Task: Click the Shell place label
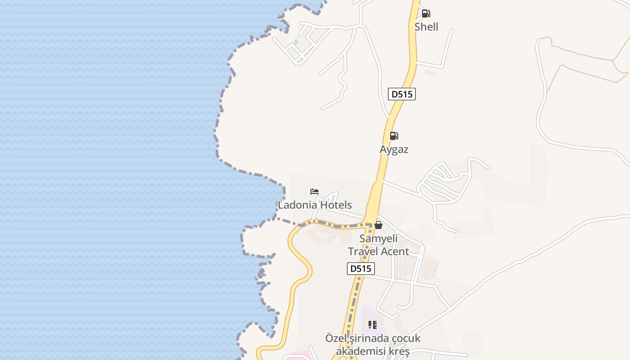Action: (x=426, y=27)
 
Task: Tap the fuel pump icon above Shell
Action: (x=426, y=13)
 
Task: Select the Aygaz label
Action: (x=394, y=149)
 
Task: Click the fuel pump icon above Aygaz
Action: (x=394, y=136)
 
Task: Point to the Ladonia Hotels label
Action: (x=315, y=205)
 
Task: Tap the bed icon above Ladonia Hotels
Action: (x=315, y=192)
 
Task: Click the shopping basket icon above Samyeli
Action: (x=378, y=225)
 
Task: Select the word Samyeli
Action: (x=378, y=238)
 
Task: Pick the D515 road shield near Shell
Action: (x=401, y=94)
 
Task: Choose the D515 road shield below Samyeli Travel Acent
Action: (x=361, y=269)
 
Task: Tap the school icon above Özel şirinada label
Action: (x=373, y=324)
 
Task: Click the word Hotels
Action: (x=334, y=205)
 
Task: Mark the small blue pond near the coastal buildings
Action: (x=295, y=42)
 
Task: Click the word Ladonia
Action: (x=296, y=205)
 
